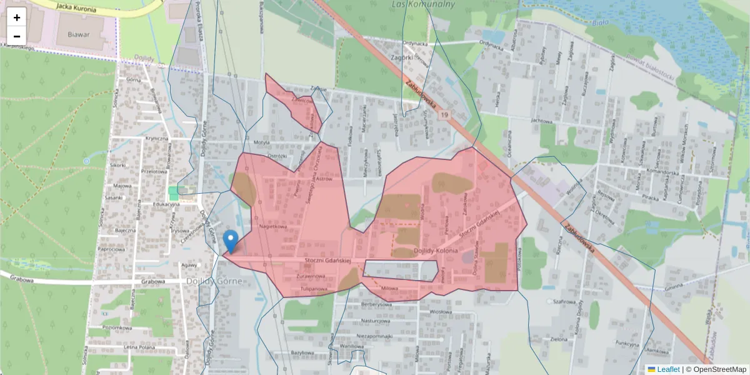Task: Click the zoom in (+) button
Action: click(x=17, y=17)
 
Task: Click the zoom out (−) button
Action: click(x=17, y=36)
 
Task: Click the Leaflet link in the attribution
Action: click(x=668, y=369)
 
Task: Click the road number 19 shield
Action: click(x=444, y=115)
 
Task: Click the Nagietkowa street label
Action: click(x=269, y=226)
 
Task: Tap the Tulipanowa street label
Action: click(x=313, y=289)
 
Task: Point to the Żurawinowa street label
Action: click(x=312, y=275)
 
